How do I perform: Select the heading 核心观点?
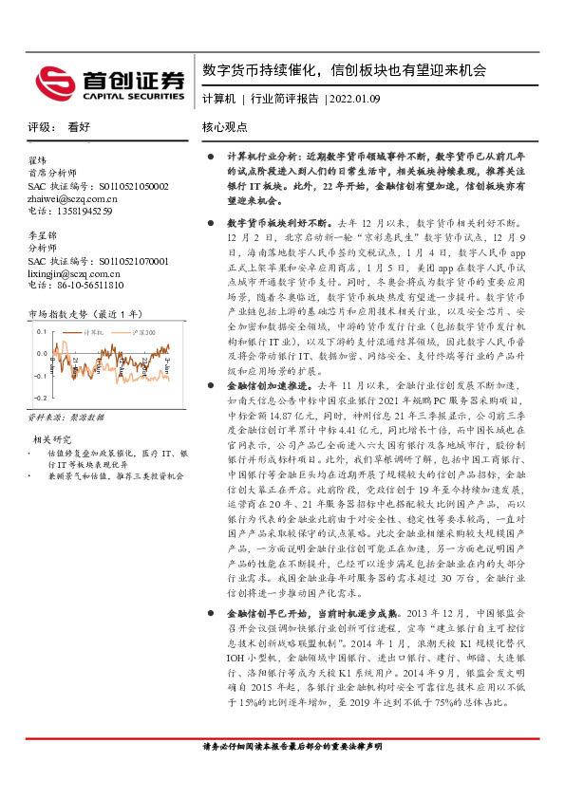pyautogui.click(x=224, y=126)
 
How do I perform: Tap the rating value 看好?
pyautogui.click(x=79, y=126)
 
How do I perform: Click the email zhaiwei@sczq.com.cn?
pyautogui.click(x=79, y=200)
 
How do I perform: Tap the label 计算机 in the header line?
pyautogui.click(x=218, y=99)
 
